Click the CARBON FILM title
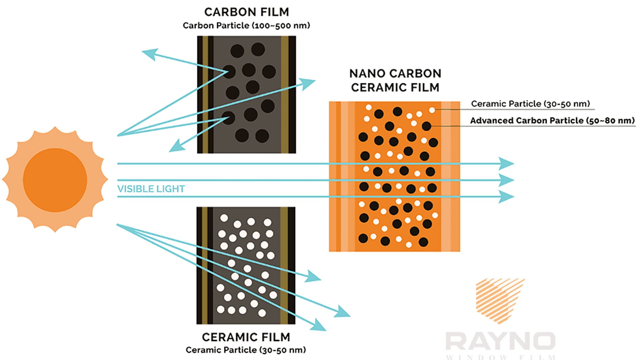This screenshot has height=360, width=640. (x=247, y=12)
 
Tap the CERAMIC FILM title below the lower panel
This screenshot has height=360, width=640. (x=246, y=337)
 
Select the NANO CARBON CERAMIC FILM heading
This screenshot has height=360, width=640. (x=395, y=80)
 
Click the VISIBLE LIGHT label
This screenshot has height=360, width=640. (x=151, y=189)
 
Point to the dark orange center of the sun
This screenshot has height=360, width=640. (x=55, y=180)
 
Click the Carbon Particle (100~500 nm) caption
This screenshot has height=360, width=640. (x=246, y=26)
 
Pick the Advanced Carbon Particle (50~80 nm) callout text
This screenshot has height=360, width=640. (x=552, y=120)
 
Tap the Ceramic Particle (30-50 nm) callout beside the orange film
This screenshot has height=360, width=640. (x=530, y=104)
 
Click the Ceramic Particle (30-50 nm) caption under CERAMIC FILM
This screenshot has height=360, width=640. (x=246, y=350)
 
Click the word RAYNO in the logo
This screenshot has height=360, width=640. (x=500, y=341)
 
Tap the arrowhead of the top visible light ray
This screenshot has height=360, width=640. (x=507, y=164)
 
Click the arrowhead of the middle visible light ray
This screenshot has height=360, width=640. (x=507, y=180)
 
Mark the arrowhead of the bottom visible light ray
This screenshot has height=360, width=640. (x=507, y=197)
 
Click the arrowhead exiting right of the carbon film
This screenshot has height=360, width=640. (x=307, y=83)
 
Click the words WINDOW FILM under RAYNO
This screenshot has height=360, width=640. (x=501, y=357)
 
